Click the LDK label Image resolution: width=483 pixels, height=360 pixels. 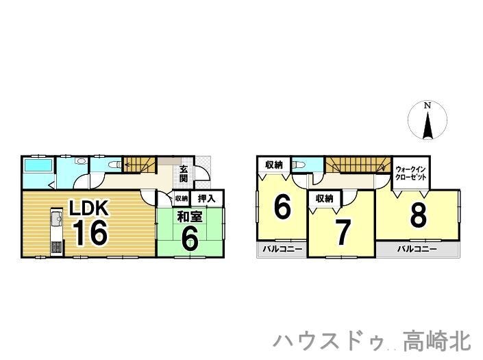(x=86, y=207)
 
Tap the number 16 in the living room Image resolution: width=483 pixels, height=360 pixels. (x=88, y=233)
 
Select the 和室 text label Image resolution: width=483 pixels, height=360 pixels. (x=190, y=218)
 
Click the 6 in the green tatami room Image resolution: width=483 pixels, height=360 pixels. (x=190, y=239)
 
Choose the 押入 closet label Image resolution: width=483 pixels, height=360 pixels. (x=207, y=198)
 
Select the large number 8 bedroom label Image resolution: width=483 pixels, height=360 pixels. (x=418, y=215)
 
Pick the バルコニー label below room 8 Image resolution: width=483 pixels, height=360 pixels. (x=417, y=250)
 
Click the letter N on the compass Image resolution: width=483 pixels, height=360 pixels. (x=427, y=106)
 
